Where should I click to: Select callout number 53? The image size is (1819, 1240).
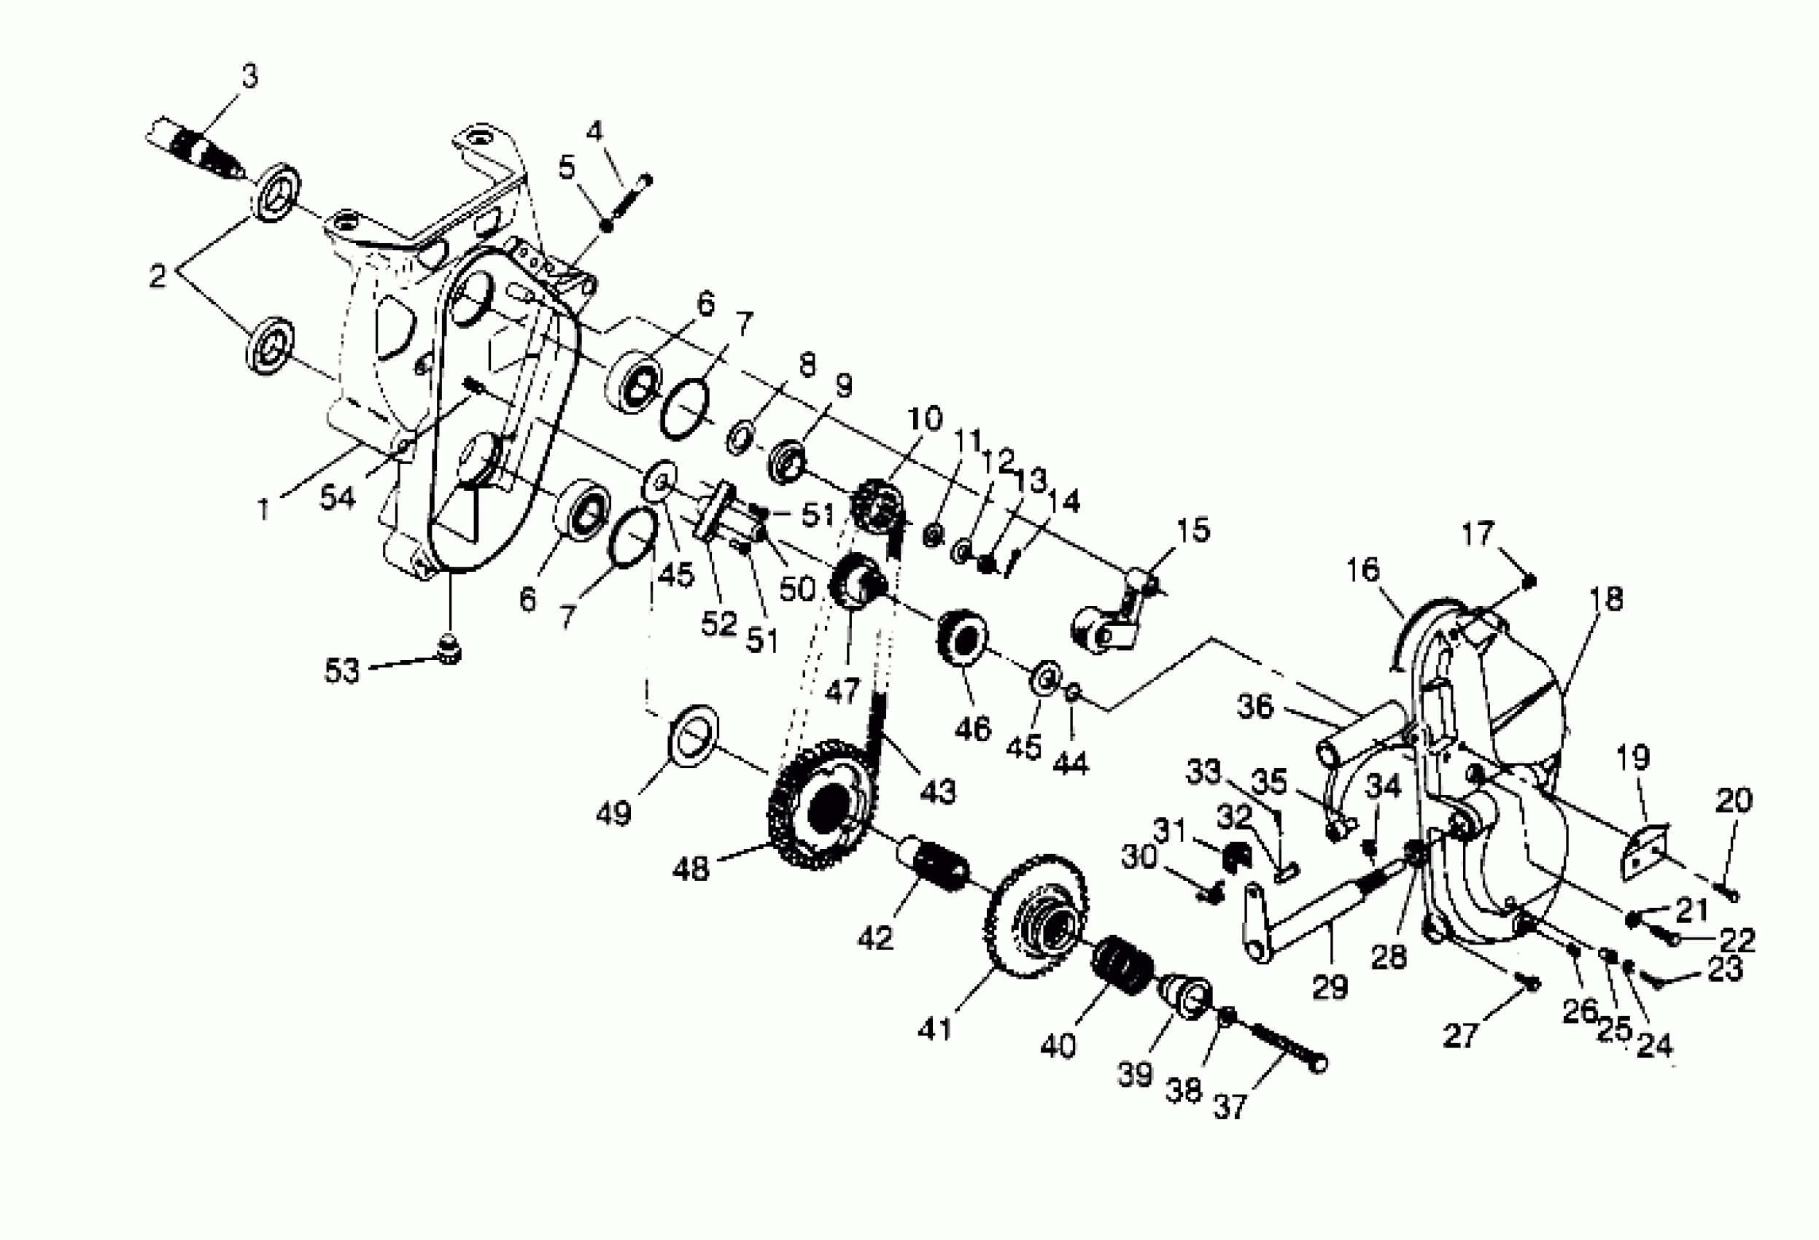click(341, 670)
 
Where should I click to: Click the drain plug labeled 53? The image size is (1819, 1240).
click(450, 648)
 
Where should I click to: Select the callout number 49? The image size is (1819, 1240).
click(613, 814)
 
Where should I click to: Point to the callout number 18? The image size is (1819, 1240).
click(1607, 599)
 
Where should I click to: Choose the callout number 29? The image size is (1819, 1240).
click(1330, 985)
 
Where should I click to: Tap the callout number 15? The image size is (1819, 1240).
click(1192, 530)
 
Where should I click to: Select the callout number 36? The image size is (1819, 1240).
click(1255, 706)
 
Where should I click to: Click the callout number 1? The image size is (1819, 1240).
click(264, 509)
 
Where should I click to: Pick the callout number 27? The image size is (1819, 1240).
click(1460, 1036)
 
